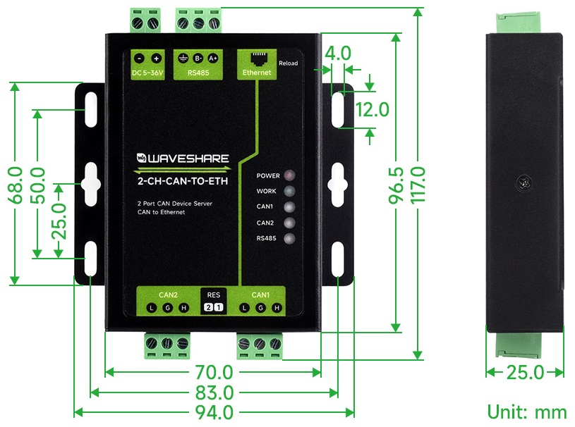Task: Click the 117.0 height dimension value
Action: [418, 185]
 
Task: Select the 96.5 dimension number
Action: [397, 185]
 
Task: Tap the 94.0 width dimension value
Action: [214, 413]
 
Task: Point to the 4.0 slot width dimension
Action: [338, 53]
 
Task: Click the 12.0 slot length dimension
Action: [373, 109]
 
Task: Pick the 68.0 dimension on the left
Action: [16, 185]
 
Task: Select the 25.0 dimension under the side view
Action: [525, 373]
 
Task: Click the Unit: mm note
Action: [527, 412]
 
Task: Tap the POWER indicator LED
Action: [290, 175]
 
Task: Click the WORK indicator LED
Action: [290, 191]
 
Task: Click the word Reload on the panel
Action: [289, 63]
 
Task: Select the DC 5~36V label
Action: [147, 73]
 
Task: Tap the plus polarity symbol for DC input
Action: [156, 58]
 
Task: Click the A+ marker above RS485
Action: [212, 58]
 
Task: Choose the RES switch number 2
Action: [208, 308]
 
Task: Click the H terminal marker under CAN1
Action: [277, 308]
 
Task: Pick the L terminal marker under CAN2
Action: [152, 308]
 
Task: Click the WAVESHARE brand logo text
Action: [183, 159]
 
